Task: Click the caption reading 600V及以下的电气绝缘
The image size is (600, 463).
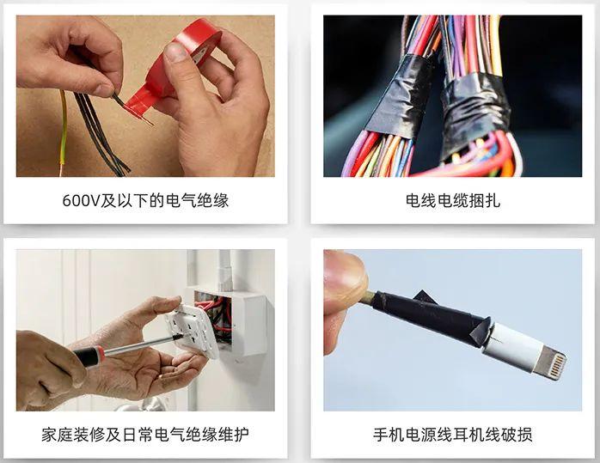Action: click(145, 200)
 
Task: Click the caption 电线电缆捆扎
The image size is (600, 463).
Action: click(453, 200)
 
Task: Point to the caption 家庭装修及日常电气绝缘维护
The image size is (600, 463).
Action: click(145, 435)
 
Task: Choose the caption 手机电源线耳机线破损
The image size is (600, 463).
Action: click(453, 435)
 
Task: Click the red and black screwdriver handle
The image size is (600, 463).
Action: click(89, 356)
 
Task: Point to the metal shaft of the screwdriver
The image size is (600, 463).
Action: click(142, 344)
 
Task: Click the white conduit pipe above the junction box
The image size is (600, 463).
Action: click(224, 270)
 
